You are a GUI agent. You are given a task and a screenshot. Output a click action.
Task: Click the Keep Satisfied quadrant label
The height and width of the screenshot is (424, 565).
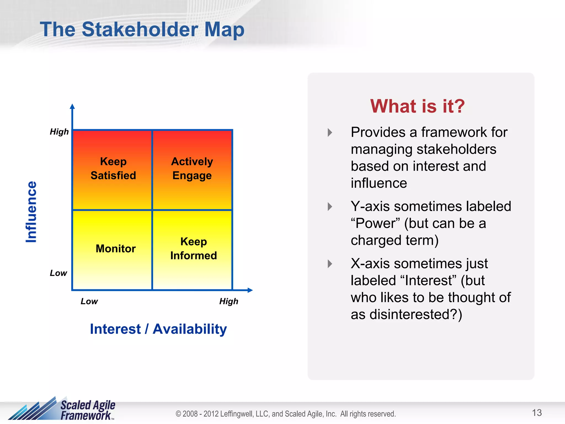pos(113,168)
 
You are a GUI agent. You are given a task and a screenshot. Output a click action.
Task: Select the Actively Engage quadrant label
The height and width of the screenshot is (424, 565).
pos(192,168)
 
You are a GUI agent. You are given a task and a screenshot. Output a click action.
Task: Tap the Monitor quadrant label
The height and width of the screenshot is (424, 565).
pos(116,248)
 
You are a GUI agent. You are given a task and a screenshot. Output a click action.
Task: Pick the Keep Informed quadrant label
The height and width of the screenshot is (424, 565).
pos(193,248)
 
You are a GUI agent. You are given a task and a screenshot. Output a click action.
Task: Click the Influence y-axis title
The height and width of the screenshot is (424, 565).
pos(31,212)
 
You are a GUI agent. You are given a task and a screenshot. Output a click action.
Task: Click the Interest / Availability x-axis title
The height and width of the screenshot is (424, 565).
pos(158,329)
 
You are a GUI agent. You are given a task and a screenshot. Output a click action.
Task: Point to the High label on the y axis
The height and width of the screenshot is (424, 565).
pos(59,132)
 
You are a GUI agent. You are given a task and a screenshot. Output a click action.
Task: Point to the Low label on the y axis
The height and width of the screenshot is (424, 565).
pos(58,273)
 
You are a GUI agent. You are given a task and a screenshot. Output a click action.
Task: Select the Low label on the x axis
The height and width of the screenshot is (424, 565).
pos(89,301)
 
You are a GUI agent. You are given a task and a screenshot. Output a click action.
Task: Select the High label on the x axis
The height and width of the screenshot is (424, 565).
pos(229,301)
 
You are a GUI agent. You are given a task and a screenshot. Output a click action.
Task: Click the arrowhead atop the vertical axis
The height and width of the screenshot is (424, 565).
pos(72,107)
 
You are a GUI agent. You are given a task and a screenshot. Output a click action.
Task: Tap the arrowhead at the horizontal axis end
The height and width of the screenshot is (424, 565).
pos(250,290)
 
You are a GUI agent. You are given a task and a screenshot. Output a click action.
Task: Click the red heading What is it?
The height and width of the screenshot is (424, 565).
pos(417,106)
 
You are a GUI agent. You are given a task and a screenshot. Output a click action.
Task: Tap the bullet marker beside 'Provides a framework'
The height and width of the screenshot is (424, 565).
pos(330,132)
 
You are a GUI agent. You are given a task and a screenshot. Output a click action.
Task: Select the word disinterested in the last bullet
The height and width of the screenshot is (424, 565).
pos(409,314)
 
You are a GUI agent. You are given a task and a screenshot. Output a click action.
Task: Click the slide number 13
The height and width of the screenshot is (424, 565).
pos(537,413)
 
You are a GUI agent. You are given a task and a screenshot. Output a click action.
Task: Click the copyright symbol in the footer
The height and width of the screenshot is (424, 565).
pos(178,414)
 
